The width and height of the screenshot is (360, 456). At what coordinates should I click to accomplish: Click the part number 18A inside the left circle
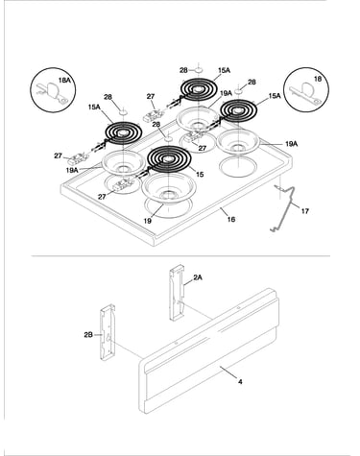point(64,80)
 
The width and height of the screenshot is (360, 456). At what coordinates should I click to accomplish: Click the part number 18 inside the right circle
point(318,79)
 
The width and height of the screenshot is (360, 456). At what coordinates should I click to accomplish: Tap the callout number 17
point(304,211)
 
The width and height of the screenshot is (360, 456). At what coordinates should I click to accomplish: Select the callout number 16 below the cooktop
point(231,219)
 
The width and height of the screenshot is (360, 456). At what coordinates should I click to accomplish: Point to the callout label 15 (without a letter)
point(200,175)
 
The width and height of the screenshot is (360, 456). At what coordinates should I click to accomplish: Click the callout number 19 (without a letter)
point(147,221)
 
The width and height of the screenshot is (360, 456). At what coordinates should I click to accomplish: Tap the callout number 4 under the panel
point(240,381)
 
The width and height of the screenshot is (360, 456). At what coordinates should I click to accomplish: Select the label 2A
point(198,277)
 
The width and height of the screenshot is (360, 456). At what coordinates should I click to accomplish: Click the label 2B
point(88,335)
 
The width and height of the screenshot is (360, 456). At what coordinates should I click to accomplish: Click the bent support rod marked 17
point(283,207)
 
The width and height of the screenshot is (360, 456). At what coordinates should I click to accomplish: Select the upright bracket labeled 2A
point(177,293)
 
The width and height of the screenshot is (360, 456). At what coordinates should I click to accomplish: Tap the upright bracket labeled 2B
point(108,332)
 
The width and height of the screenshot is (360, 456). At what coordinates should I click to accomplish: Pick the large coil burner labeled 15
point(169,158)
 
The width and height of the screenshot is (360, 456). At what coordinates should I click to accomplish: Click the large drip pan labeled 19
point(169,189)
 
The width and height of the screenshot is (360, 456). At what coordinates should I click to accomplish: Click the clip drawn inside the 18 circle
point(304,92)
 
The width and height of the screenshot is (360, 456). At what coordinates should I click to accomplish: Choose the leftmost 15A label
point(94,108)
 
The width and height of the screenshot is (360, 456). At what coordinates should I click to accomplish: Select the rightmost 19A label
point(291,144)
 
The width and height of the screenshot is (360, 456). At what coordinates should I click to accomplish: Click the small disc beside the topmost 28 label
point(199,69)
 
